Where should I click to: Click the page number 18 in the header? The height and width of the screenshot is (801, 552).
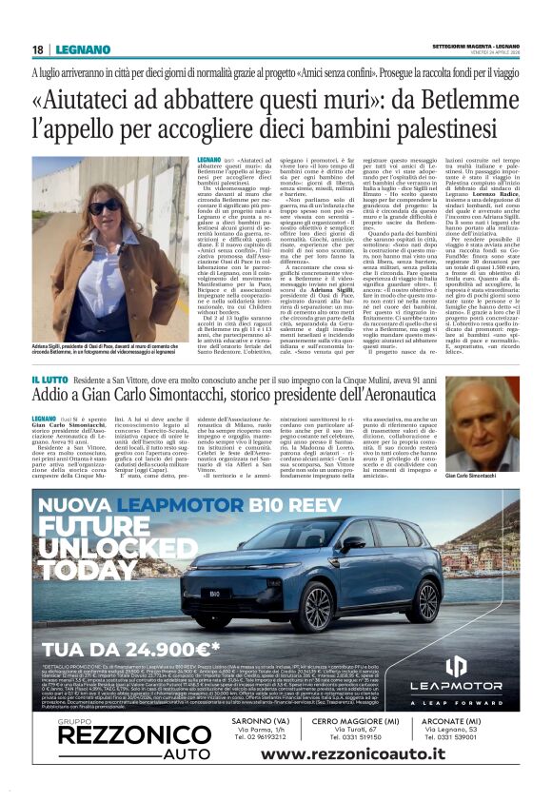pyautogui.click(x=38, y=49)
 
